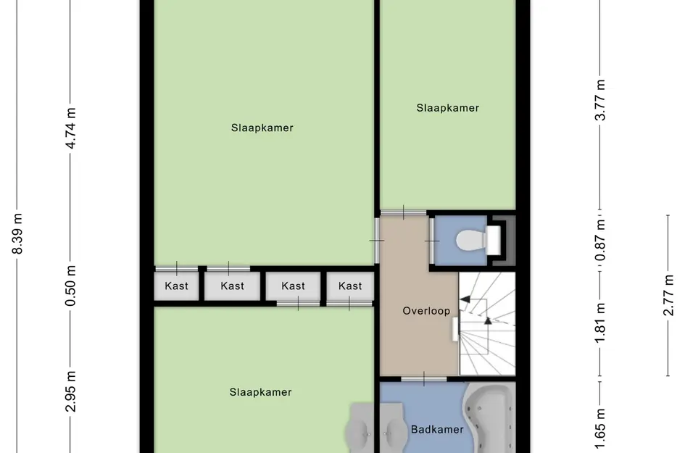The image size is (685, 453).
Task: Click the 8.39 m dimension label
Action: [x=18, y=234]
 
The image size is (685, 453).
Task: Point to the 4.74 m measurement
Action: [x=71, y=128]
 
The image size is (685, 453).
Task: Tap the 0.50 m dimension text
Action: [x=71, y=286]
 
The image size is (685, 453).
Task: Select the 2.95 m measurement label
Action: [x=71, y=391]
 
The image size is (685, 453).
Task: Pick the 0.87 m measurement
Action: [x=599, y=240]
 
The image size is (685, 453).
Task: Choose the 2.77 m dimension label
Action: [x=668, y=295]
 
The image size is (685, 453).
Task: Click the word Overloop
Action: [x=426, y=311]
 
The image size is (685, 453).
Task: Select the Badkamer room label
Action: [x=437, y=430]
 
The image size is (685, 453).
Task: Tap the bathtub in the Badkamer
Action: [x=489, y=420]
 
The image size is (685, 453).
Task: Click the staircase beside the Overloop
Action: [x=487, y=323]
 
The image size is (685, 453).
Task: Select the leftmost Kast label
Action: [x=176, y=286]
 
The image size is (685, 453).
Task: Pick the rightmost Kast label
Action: [x=350, y=286]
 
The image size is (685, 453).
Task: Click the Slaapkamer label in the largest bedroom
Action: [x=262, y=128]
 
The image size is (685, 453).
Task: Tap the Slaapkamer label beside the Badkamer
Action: [x=260, y=393]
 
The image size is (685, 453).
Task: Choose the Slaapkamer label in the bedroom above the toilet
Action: [x=447, y=108]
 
